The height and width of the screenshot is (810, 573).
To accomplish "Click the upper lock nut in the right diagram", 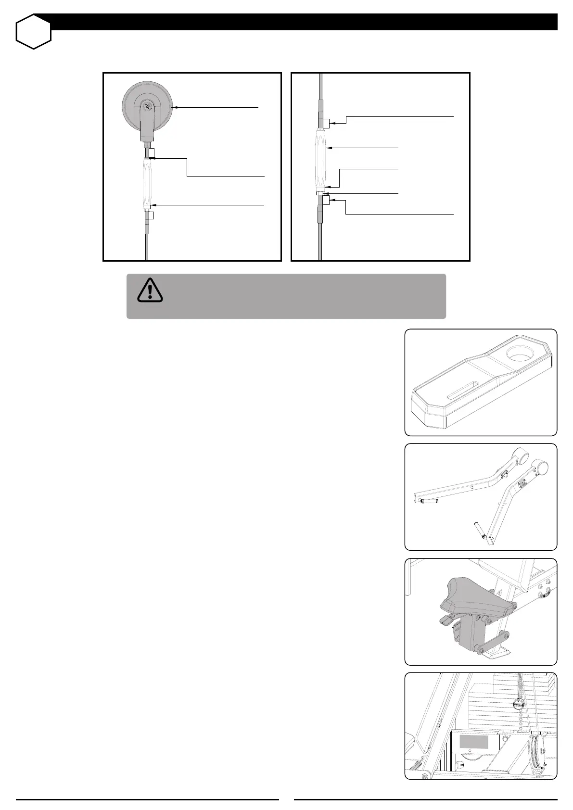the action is (x=326, y=124).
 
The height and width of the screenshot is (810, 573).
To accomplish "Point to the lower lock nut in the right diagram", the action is (x=326, y=200).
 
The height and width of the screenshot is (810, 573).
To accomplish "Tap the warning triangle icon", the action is (x=150, y=290).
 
